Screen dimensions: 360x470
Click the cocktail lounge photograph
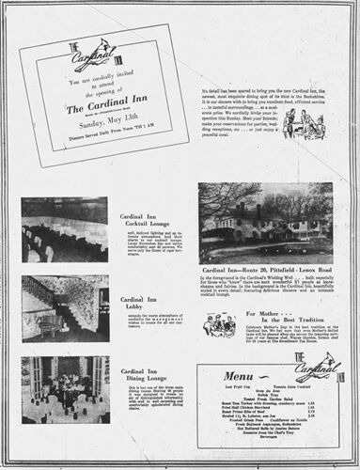[65, 229]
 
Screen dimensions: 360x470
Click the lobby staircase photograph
[65, 307]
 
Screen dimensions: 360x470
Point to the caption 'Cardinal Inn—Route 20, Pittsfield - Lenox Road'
[265, 270]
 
